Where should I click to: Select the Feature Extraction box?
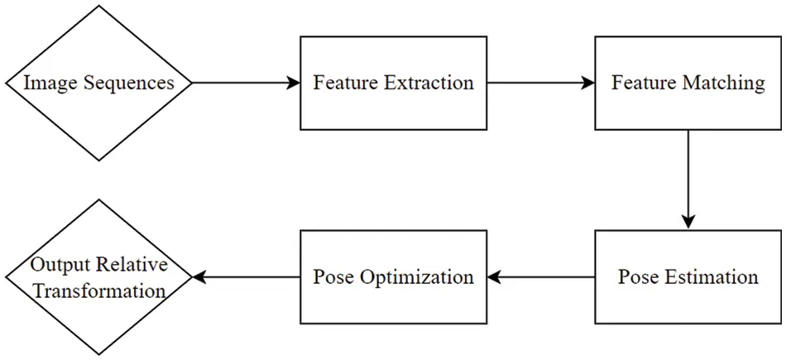coord(393,83)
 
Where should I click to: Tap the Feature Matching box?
coord(688,83)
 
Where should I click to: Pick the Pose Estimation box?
coord(688,276)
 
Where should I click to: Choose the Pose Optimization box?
coord(393,276)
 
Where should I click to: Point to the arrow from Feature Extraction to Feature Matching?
coord(540,83)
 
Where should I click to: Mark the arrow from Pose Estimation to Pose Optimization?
coord(540,276)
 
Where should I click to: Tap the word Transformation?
coord(99,290)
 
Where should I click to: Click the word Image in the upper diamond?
coord(48,84)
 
